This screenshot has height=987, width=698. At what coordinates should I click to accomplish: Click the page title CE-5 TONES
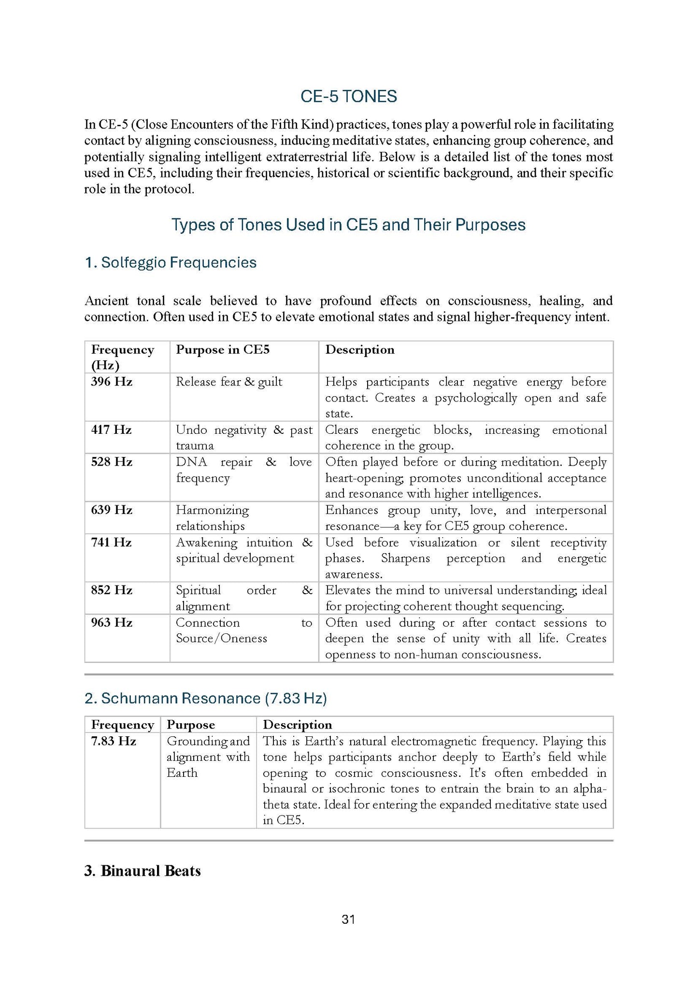click(348, 97)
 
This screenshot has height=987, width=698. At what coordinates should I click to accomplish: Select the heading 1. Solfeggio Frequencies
click(171, 263)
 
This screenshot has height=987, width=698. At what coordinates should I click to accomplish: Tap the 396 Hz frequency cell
click(112, 382)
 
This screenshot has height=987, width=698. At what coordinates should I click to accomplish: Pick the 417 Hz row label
click(111, 430)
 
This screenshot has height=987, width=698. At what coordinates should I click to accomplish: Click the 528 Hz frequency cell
click(112, 462)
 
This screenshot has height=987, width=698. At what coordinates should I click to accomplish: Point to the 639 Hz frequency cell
click(112, 510)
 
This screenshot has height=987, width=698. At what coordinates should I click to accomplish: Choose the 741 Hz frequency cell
click(111, 543)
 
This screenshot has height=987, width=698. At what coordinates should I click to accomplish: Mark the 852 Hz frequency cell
click(112, 590)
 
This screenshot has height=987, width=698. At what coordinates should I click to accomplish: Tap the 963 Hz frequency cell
click(112, 623)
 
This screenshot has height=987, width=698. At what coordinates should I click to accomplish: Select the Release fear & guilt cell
click(229, 382)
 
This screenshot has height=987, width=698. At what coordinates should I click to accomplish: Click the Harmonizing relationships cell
click(212, 518)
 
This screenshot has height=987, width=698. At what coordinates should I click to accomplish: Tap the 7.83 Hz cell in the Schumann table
click(114, 741)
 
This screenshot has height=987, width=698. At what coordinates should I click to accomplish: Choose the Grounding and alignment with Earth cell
click(208, 757)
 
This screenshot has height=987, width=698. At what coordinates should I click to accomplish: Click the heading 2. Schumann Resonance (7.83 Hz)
click(205, 699)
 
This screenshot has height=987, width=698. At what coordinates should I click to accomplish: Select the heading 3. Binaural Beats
click(142, 871)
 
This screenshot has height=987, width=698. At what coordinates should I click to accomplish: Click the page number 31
click(348, 920)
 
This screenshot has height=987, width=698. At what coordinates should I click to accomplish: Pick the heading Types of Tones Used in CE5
click(348, 225)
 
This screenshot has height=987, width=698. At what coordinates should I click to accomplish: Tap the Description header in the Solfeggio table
click(360, 350)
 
